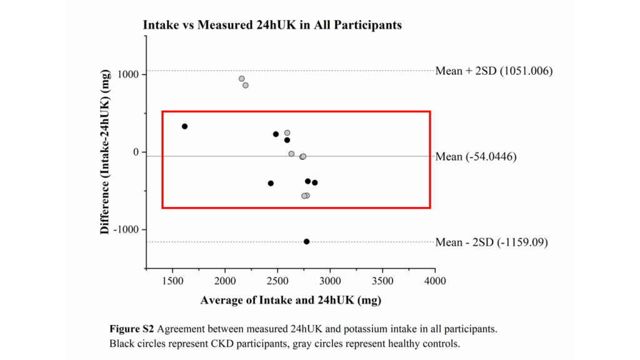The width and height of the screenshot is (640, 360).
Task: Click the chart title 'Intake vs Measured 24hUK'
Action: click(x=272, y=26)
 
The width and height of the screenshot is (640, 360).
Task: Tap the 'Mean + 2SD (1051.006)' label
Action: click(x=494, y=71)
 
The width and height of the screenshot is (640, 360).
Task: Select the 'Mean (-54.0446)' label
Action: click(x=476, y=156)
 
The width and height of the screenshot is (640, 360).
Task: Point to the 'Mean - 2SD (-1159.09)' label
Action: click(x=491, y=242)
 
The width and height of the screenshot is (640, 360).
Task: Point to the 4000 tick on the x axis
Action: click(x=435, y=281)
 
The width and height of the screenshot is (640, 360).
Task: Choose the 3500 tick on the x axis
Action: click(x=382, y=281)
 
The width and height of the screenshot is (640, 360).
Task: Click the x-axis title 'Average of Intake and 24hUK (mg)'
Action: click(x=291, y=300)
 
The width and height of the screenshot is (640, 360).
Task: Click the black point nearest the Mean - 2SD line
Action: click(x=306, y=241)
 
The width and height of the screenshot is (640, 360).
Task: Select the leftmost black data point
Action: click(x=184, y=126)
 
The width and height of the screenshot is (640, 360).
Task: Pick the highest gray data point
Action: click(x=242, y=79)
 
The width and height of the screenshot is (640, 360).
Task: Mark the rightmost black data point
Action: click(x=314, y=182)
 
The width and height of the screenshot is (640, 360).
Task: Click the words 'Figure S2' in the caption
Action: click(x=128, y=329)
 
